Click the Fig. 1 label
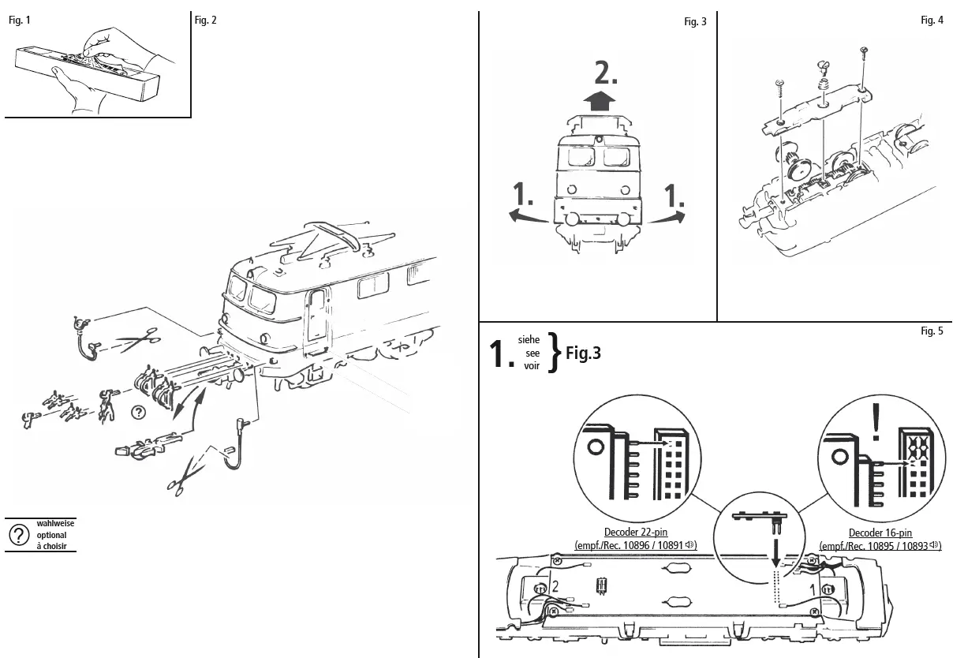click(x=20, y=21)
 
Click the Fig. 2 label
click(x=205, y=21)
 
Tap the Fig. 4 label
click(x=932, y=21)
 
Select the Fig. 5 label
click(x=932, y=331)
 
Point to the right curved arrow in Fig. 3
click(x=667, y=218)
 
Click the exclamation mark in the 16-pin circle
click(x=875, y=421)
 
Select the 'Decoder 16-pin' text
click(x=880, y=533)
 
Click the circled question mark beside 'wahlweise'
click(x=19, y=535)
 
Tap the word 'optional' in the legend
click(x=52, y=535)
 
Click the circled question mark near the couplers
click(x=138, y=411)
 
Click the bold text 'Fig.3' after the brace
click(x=583, y=353)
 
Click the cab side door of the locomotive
click(x=316, y=320)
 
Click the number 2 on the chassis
click(x=556, y=586)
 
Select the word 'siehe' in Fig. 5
click(x=529, y=339)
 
